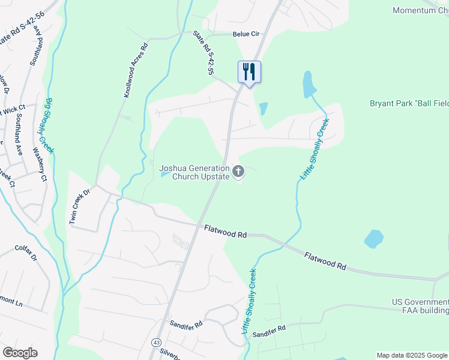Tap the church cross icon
[x=238, y=172]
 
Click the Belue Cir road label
[x=244, y=35]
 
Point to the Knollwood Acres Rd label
[x=136, y=71]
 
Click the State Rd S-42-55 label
[x=203, y=53]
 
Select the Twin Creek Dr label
[x=79, y=207]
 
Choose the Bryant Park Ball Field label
[x=409, y=103]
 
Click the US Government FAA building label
[x=420, y=305]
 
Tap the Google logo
[x=20, y=352]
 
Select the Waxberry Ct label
[x=40, y=164]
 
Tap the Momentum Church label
[x=420, y=10]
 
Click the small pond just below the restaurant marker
[x=263, y=109]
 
